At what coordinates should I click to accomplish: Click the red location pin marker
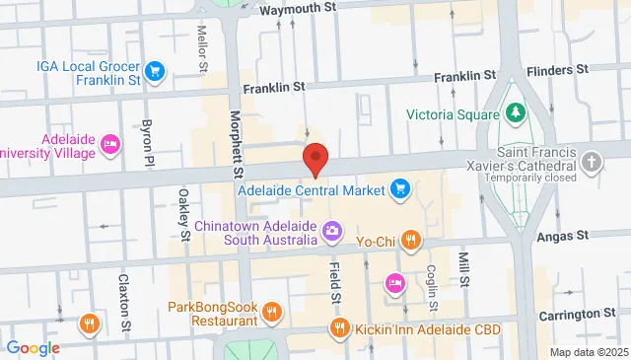tap(315, 159)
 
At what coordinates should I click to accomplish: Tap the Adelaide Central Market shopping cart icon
tap(400, 187)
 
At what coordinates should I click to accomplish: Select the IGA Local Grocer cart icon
tap(154, 70)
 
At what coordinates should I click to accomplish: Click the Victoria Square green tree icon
tap(514, 113)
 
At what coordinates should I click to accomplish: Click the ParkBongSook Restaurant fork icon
tap(273, 313)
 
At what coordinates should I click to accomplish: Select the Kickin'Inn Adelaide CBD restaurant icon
tap(339, 328)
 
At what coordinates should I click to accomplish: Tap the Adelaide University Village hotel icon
tap(110, 146)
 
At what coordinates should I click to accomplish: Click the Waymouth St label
tap(300, 7)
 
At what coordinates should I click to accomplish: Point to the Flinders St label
tap(557, 70)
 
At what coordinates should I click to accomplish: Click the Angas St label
tap(563, 235)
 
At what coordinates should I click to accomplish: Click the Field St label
tap(335, 281)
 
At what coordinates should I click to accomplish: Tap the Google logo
tap(33, 348)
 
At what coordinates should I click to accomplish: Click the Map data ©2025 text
tap(588, 352)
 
